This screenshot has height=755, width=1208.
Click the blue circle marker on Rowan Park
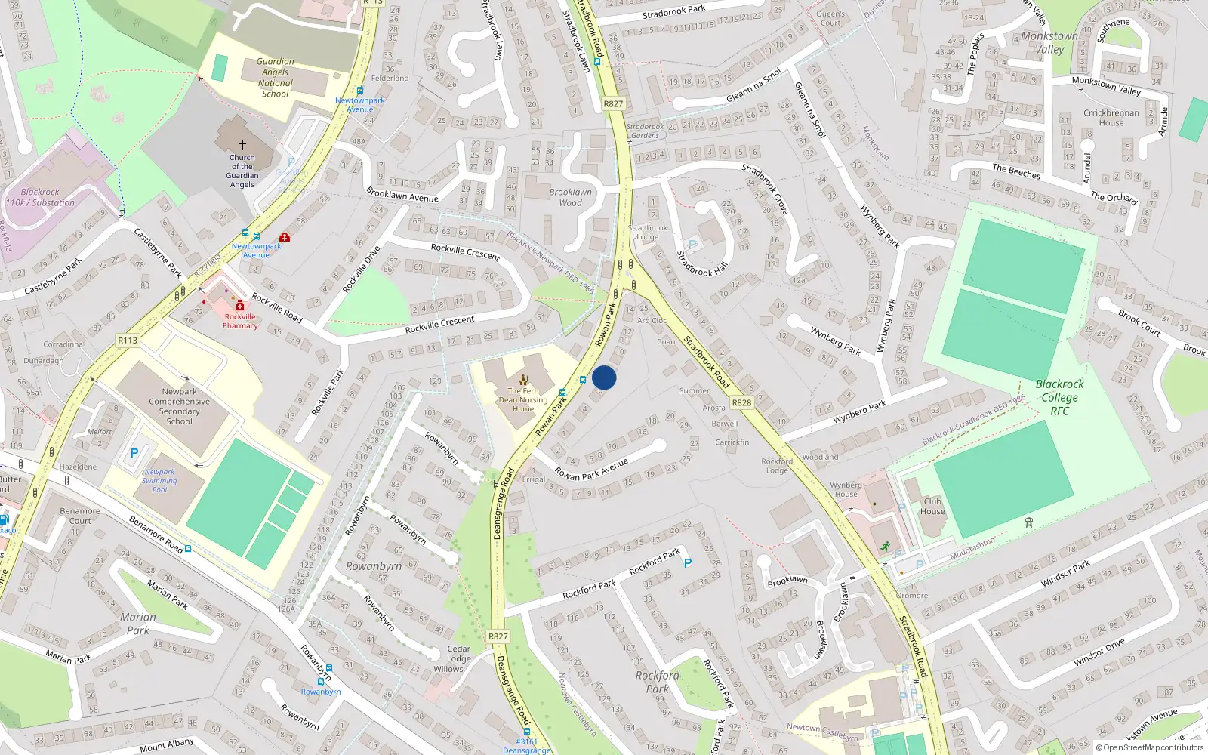[604, 377]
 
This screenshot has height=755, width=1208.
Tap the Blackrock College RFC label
[1059, 397]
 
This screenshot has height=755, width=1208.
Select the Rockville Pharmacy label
[240, 322]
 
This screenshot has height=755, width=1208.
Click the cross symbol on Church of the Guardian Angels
[242, 144]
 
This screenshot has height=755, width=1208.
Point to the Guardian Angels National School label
[276, 78]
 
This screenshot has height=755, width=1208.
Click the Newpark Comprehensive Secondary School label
[180, 406]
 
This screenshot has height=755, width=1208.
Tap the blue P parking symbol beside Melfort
[134, 453]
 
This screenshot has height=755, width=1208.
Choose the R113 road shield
[128, 341]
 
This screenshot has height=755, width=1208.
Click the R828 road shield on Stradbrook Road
[741, 402]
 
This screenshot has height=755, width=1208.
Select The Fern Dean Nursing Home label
[523, 400]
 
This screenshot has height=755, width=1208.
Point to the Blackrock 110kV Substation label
[40, 197]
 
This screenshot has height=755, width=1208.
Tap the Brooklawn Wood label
[571, 197]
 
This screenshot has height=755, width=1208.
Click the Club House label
[932, 506]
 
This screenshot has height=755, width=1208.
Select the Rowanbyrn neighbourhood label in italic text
[374, 566]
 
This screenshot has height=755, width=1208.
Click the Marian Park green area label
[138, 624]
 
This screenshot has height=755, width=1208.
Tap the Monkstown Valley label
[1049, 42]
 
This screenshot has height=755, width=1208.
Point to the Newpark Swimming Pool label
[159, 481]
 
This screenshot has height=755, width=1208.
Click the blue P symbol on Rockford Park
[688, 563]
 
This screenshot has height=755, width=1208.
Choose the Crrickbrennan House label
[1111, 118]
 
